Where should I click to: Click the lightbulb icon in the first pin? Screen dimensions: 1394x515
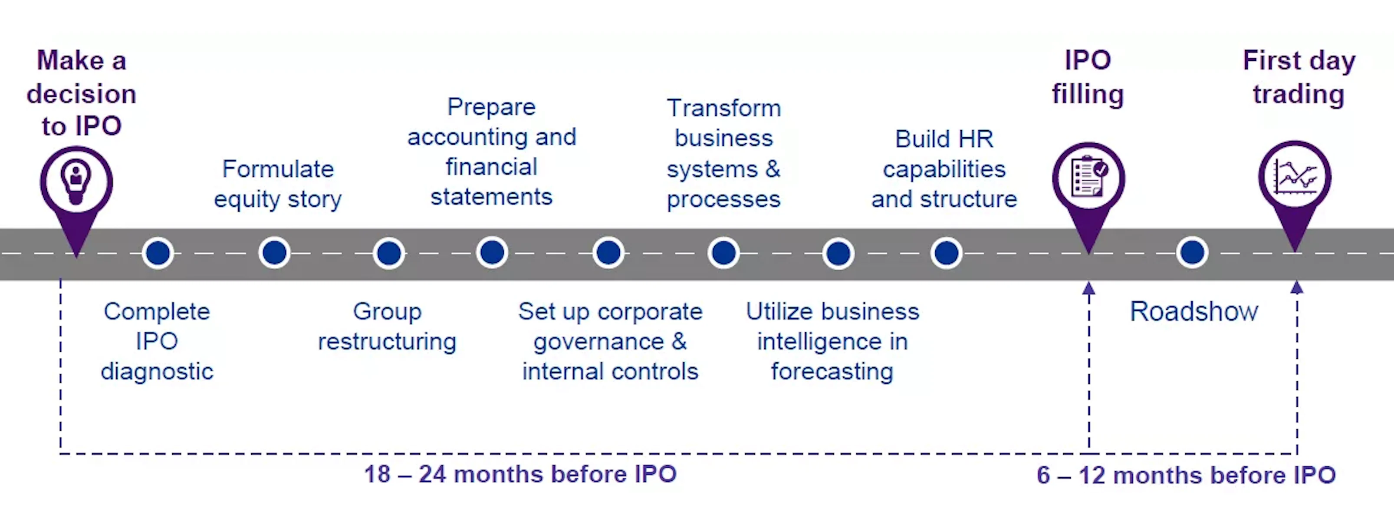(76, 182)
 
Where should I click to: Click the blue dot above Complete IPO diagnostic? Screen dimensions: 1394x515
(158, 253)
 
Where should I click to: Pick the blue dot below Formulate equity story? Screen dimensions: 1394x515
(274, 252)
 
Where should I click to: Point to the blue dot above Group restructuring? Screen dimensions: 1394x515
(388, 253)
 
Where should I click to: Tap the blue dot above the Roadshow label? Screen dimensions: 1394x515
(1192, 252)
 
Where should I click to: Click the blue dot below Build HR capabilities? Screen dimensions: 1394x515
(946, 252)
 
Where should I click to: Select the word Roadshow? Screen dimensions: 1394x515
(1194, 311)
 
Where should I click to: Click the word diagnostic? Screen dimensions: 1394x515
(157, 372)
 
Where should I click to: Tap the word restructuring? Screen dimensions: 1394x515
(387, 342)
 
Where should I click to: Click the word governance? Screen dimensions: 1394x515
(598, 342)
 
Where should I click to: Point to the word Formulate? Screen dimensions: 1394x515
(278, 169)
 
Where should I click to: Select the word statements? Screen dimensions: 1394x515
(491, 197)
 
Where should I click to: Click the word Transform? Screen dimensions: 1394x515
(723, 108)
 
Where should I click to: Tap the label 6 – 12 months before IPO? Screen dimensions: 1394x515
(1186, 475)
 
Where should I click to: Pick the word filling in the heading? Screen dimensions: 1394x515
(1088, 94)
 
